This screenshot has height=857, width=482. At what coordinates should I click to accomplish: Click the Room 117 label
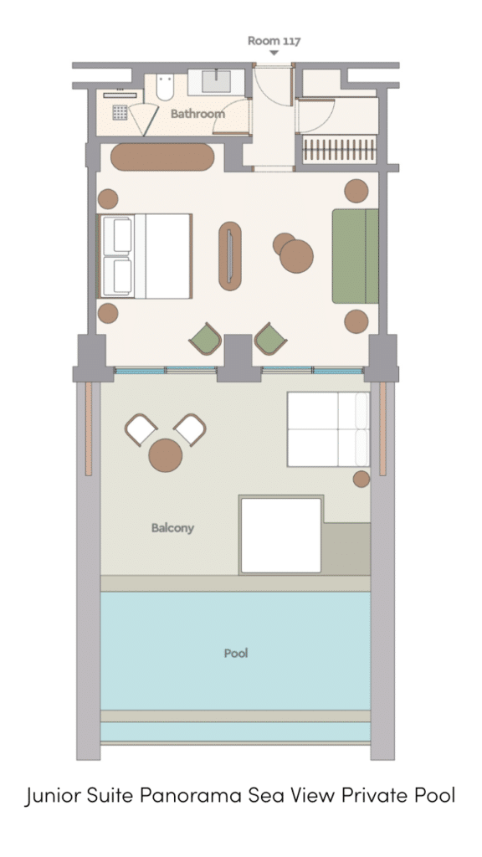(274, 40)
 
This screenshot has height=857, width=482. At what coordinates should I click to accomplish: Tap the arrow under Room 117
(274, 53)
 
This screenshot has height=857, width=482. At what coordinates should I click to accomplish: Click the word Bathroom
(197, 114)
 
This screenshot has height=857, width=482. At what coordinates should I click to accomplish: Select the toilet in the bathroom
(165, 87)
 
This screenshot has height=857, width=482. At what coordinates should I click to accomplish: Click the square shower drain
(120, 112)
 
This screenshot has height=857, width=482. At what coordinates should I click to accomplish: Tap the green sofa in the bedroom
(355, 256)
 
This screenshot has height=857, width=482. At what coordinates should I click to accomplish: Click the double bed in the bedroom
(145, 256)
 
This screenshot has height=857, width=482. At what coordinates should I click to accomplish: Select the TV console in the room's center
(230, 256)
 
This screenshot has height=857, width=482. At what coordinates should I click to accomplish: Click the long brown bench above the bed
(162, 157)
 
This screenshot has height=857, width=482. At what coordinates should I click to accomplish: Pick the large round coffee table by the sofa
(297, 256)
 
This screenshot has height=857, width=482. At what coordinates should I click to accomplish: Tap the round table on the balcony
(166, 455)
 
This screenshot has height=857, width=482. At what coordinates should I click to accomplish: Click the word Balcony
(172, 528)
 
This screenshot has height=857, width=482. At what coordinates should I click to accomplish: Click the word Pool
(236, 653)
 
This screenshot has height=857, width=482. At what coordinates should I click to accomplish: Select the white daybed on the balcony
(328, 429)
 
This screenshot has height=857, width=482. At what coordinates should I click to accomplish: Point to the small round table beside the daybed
(361, 479)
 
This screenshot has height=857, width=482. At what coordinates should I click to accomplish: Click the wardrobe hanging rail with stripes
(340, 149)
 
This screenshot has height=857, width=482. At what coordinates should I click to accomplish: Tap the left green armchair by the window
(206, 339)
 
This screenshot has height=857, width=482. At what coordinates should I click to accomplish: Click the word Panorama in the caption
(191, 795)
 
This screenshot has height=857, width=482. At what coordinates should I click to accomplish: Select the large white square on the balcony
(281, 535)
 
